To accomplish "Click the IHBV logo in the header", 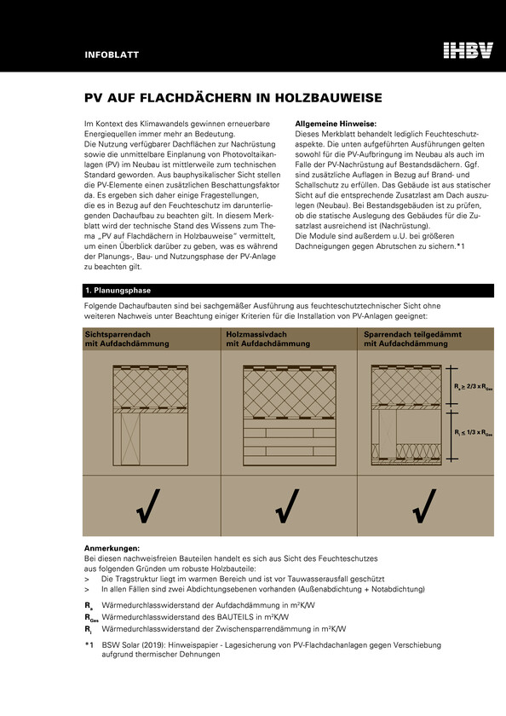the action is pos(469,50).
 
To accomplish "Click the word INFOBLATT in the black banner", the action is pos(112,55).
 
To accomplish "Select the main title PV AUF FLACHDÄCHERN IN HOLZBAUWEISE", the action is pos(233,98).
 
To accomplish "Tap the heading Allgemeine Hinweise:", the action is pos(336,124).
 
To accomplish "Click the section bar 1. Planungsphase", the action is pos(289,291).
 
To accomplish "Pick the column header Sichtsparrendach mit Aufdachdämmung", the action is pos(127,339).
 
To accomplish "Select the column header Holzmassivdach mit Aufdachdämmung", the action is pos(267,339).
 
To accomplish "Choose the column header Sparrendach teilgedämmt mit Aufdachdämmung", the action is pos(412,339).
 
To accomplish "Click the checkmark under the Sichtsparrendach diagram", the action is pos(148,506).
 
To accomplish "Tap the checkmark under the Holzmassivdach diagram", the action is pos(287,506).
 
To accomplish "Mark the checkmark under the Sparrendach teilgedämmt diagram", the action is pos(424,506).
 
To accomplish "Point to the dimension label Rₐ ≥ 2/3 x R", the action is pos(473,387).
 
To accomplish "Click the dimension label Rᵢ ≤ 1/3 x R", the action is pos(473,432).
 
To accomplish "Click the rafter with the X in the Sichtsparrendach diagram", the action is pos(130,439).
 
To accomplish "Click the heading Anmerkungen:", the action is pos(112,548).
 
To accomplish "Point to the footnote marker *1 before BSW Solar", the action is pos(89,645).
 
